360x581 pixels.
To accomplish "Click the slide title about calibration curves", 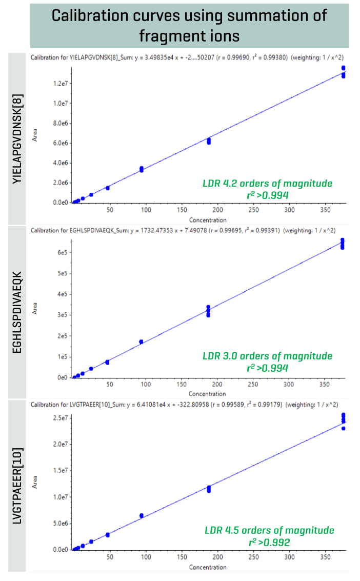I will point(189,24).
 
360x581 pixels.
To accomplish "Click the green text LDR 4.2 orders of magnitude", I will point(267,183).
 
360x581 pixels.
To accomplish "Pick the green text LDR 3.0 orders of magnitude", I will point(267,356).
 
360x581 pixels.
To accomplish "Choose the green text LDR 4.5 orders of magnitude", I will point(269,530).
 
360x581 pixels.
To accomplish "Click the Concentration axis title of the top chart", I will point(207,220).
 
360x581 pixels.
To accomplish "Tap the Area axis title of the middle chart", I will point(35,308).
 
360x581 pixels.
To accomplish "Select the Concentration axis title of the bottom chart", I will point(207,567).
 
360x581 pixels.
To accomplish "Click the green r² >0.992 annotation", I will point(267,542).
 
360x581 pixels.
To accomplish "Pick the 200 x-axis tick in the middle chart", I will point(217,385).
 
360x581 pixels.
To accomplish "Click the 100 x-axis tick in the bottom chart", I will point(146,557).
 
